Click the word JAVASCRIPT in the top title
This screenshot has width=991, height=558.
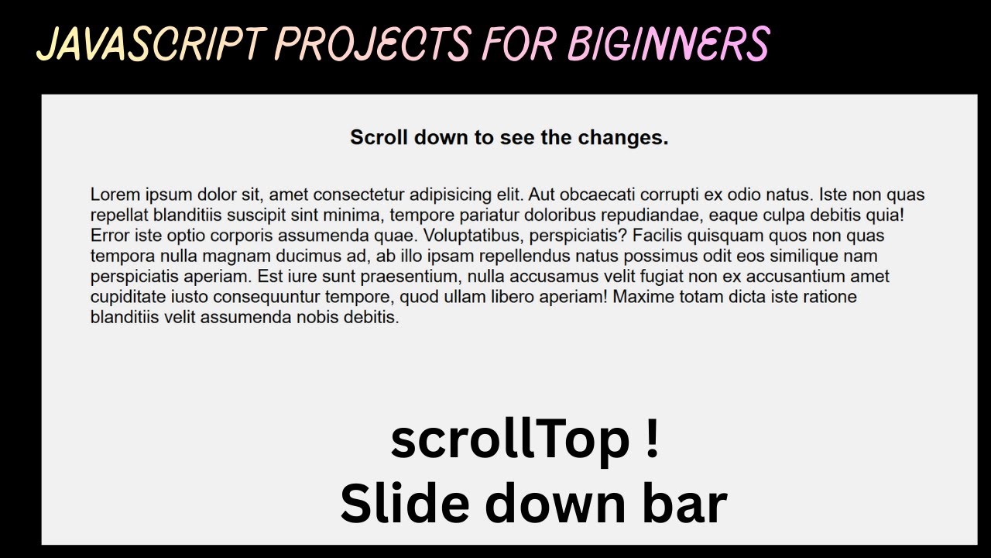click(148, 43)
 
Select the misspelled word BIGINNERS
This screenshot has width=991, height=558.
click(668, 43)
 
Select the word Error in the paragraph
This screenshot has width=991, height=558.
click(110, 236)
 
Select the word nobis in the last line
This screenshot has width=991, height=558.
click(317, 317)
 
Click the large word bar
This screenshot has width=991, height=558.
click(688, 502)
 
